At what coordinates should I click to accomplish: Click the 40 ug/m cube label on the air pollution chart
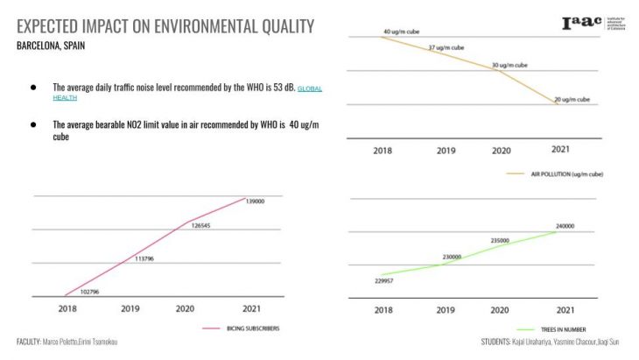(x=404, y=32)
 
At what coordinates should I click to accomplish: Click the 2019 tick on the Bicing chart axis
(x=130, y=308)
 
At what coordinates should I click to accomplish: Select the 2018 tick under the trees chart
(x=383, y=310)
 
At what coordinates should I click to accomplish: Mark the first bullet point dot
(x=33, y=88)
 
